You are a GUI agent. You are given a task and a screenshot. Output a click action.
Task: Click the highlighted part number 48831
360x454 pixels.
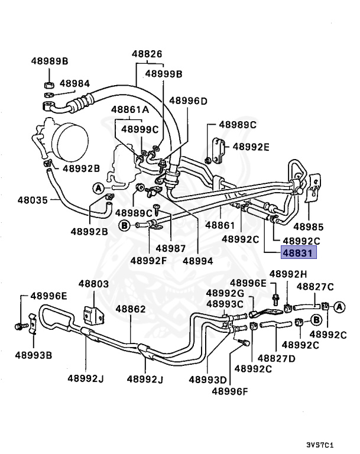(299, 254)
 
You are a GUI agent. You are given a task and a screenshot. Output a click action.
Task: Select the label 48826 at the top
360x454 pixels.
(147, 54)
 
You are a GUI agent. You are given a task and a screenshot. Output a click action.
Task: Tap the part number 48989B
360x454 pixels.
(50, 61)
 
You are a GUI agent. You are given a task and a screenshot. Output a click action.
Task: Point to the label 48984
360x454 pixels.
(74, 83)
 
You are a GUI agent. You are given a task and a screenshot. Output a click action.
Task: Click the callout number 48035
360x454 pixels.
(32, 200)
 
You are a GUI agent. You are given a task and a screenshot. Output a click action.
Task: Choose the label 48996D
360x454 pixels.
(189, 100)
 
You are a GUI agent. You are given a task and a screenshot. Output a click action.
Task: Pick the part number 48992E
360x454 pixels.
(251, 147)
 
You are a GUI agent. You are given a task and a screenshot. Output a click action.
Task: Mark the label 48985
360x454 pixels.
(308, 226)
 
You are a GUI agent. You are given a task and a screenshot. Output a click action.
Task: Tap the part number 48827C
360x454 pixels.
(315, 287)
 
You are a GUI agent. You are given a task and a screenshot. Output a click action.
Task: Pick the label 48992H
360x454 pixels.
(288, 274)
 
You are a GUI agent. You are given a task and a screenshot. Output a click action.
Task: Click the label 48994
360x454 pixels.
(198, 260)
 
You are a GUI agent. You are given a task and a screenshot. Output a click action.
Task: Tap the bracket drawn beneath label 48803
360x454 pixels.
(92, 313)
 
